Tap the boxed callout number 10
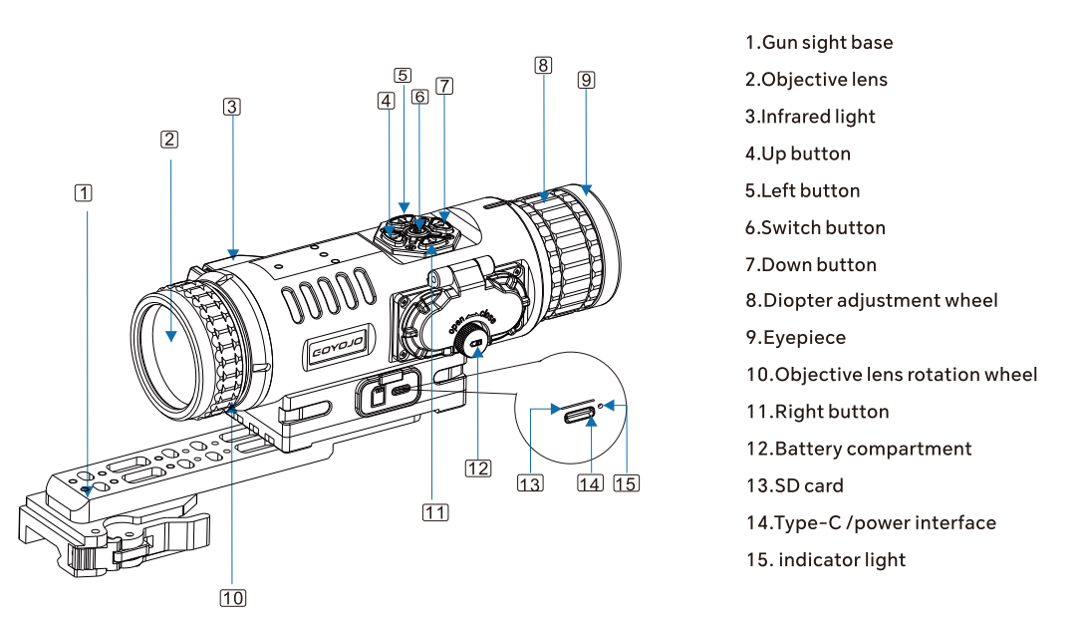pos(232,597)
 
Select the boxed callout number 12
pos(478,467)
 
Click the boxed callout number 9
pos(586,80)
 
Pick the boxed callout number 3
pos(232,106)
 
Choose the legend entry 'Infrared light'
pos(810,117)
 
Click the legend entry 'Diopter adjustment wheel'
pos(872,301)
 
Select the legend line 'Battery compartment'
pos(859,449)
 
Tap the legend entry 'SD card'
pos(795,485)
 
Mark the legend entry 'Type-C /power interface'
pos(871,522)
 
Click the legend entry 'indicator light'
pos(827,559)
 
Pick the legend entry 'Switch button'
pos(815,227)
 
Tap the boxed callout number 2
pos(169,140)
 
